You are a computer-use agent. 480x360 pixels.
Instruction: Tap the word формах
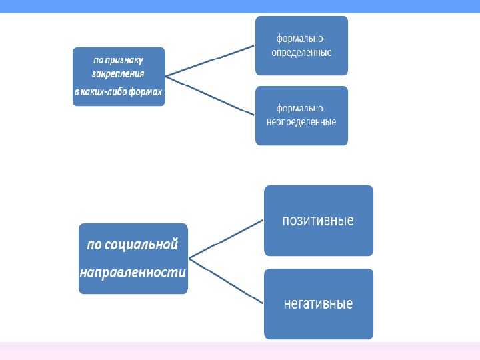145,94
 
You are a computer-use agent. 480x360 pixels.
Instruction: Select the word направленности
133,273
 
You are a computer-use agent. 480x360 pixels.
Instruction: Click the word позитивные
319,221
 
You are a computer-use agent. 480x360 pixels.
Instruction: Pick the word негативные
319,304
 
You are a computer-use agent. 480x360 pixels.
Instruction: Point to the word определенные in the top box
301,52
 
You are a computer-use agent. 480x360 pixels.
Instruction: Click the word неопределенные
305,122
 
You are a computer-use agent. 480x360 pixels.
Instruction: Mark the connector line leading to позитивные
227,237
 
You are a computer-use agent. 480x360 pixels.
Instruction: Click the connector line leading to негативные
227,279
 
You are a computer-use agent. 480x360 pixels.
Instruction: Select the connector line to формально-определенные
210,61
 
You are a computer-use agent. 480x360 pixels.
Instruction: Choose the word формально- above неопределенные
301,107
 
